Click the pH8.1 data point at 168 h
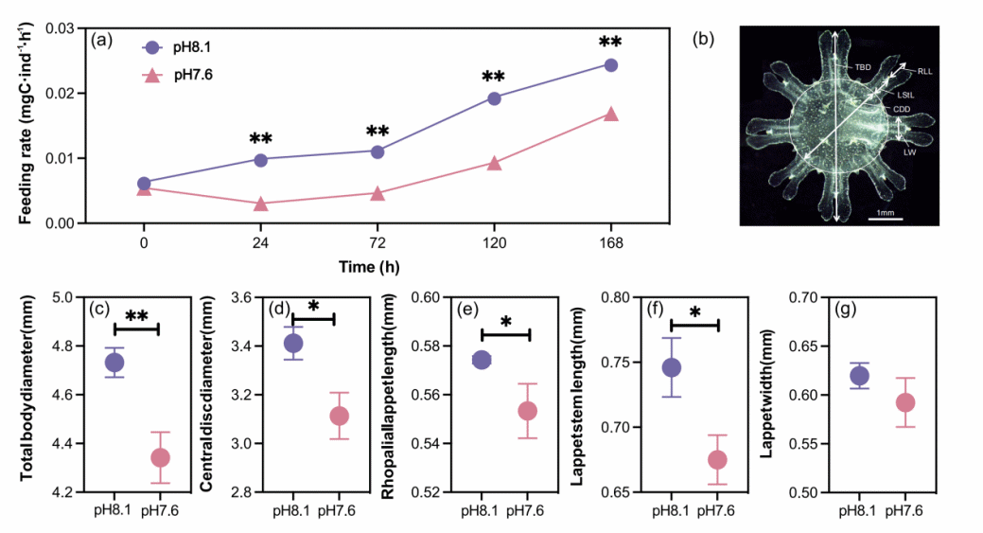coord(610,65)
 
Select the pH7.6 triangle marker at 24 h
coord(260,204)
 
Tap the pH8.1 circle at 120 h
coord(494,98)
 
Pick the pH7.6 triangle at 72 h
coord(377,193)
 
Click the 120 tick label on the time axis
coord(494,241)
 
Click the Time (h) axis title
coord(377,268)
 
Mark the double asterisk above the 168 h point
coord(610,42)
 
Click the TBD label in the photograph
coord(862,68)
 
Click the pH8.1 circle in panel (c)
coord(114,362)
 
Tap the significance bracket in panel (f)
coord(695,325)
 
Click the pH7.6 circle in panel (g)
coord(905,403)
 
